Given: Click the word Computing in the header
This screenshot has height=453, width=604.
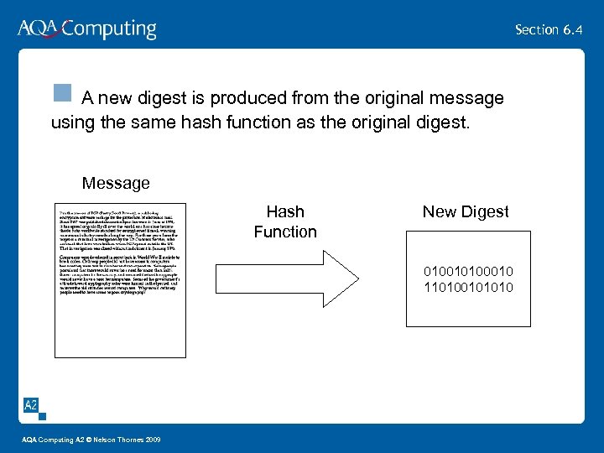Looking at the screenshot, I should pyautogui.click(x=109, y=30).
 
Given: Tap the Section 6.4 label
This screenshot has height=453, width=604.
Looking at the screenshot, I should pyautogui.click(x=549, y=29).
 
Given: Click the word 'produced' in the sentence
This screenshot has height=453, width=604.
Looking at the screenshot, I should pyautogui.click(x=234, y=99).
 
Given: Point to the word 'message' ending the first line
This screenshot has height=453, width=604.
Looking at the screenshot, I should pyautogui.click(x=468, y=99).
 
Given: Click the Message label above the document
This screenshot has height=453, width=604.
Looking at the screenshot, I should pyautogui.click(x=116, y=183).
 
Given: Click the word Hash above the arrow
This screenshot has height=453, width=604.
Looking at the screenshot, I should pyautogui.click(x=285, y=212).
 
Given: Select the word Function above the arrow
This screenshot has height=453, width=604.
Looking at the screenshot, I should pyautogui.click(x=285, y=232).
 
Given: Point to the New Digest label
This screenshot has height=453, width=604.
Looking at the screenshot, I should pyautogui.click(x=466, y=212).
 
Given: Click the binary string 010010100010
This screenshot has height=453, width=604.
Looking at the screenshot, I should pyautogui.click(x=470, y=273).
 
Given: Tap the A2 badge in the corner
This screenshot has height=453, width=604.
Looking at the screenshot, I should pyautogui.click(x=31, y=406).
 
